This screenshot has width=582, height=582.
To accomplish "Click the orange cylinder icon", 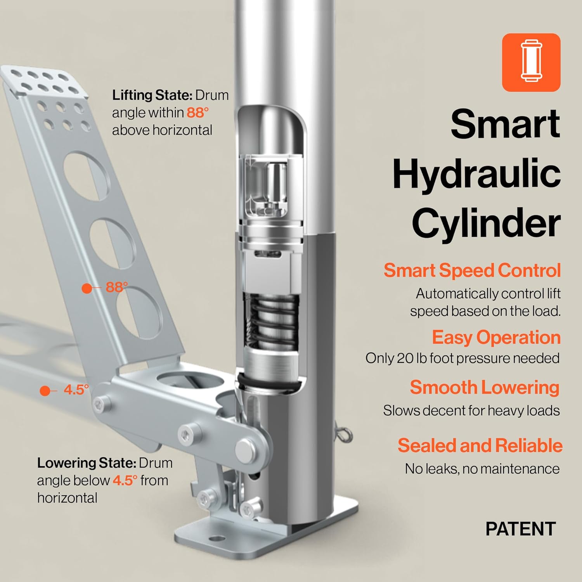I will (531, 62).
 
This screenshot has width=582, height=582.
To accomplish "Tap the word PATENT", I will (520, 529).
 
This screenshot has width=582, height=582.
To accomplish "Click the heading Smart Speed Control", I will (472, 270).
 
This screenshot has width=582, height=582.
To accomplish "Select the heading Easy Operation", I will (496, 337).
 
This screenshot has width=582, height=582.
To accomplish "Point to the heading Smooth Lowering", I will (484, 387).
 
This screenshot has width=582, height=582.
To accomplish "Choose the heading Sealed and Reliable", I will (480, 445).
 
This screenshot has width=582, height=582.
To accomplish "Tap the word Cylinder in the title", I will (486, 223).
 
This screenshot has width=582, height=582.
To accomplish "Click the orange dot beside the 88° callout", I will (87, 288).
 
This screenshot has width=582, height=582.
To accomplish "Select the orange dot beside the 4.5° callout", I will (45, 391).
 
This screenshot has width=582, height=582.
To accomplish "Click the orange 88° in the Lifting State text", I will (197, 113).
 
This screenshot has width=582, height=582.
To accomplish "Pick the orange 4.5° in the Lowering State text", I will (125, 480).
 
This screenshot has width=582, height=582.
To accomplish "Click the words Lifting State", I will (152, 95).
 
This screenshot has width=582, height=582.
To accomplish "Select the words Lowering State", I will (86, 463).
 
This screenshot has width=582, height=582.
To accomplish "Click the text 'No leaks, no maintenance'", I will (482, 469).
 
